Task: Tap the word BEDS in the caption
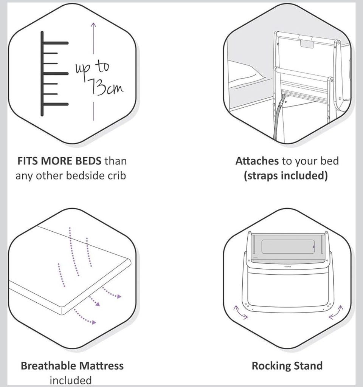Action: (88, 161)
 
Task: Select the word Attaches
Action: (257, 161)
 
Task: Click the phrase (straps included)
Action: (286, 176)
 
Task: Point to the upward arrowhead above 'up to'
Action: (93, 25)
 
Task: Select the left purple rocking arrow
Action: (240, 312)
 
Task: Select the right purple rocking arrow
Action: (336, 312)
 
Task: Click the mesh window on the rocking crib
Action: (288, 246)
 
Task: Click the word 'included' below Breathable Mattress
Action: (71, 380)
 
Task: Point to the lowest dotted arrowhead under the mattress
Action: (94, 322)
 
